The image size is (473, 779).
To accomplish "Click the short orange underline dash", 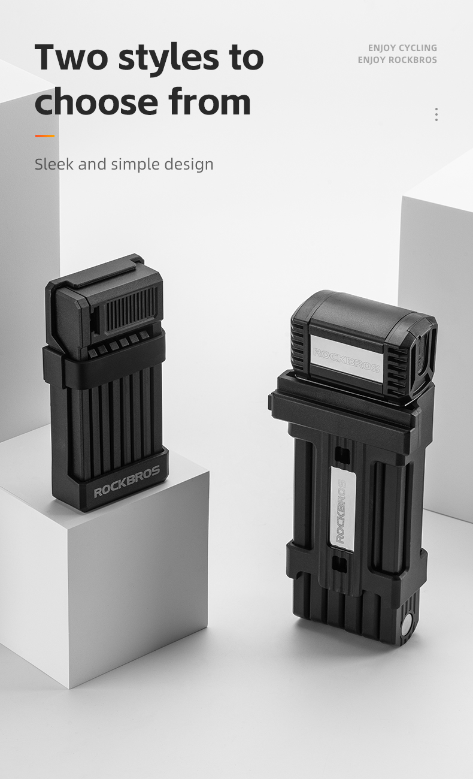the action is pyautogui.click(x=45, y=136).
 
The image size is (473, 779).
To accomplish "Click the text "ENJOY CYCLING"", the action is pyautogui.click(x=402, y=48).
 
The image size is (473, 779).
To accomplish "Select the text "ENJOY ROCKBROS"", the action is pyautogui.click(x=397, y=60).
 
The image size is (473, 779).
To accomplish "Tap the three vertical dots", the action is pyautogui.click(x=436, y=114).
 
